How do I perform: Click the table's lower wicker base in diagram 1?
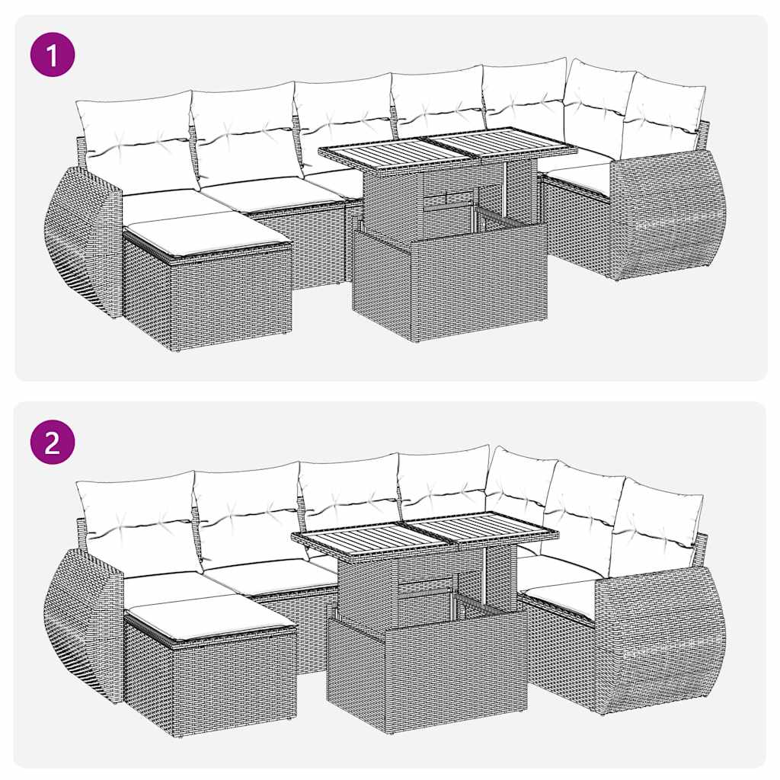[449, 282]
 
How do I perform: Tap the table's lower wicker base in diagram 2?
[427, 670]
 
